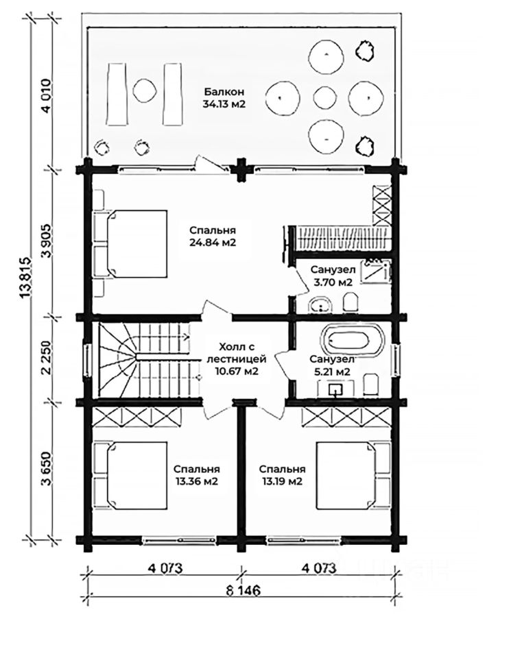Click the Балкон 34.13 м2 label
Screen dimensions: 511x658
pos(224,98)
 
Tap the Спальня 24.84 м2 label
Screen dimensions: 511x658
pos(213,236)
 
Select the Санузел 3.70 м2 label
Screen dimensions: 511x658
pos(333,276)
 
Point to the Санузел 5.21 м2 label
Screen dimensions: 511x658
pos(332,365)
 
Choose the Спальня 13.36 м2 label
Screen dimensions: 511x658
pos(196,475)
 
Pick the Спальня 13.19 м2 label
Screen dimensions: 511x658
pos(282,475)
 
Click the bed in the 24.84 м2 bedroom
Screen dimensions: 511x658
pos(137,243)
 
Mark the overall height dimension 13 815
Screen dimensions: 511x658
pos(27,278)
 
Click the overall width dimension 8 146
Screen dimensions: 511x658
pos(243,590)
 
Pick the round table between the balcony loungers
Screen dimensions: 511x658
pos(145,90)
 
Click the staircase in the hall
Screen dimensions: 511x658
pos(144,359)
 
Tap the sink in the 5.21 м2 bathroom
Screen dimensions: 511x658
pos(335,389)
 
